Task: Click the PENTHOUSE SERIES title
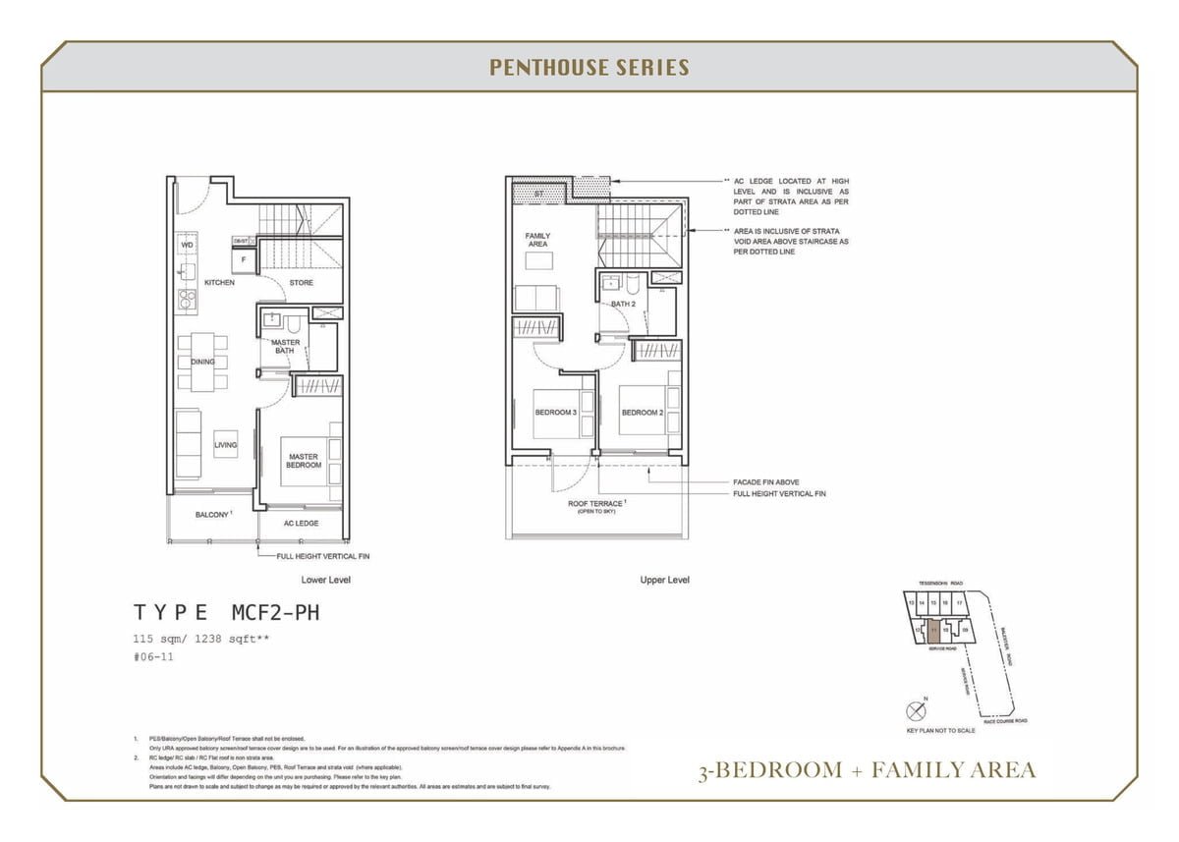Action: [589, 68]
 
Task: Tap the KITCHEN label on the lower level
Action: [219, 283]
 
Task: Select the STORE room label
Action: [302, 283]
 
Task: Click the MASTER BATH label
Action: [285, 347]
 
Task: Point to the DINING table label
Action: [202, 362]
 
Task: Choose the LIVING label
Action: [226, 445]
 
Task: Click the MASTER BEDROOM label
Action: [304, 461]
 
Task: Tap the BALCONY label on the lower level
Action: [211, 515]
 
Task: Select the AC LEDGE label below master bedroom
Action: [301, 524]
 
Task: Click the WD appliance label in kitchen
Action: [187, 245]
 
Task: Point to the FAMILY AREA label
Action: [537, 240]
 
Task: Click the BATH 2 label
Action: [623, 304]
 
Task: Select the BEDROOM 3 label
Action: [555, 413]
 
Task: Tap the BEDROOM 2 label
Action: [642, 413]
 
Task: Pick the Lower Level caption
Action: [326, 580]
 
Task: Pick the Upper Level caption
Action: [664, 580]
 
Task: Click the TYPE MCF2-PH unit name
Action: [227, 613]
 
